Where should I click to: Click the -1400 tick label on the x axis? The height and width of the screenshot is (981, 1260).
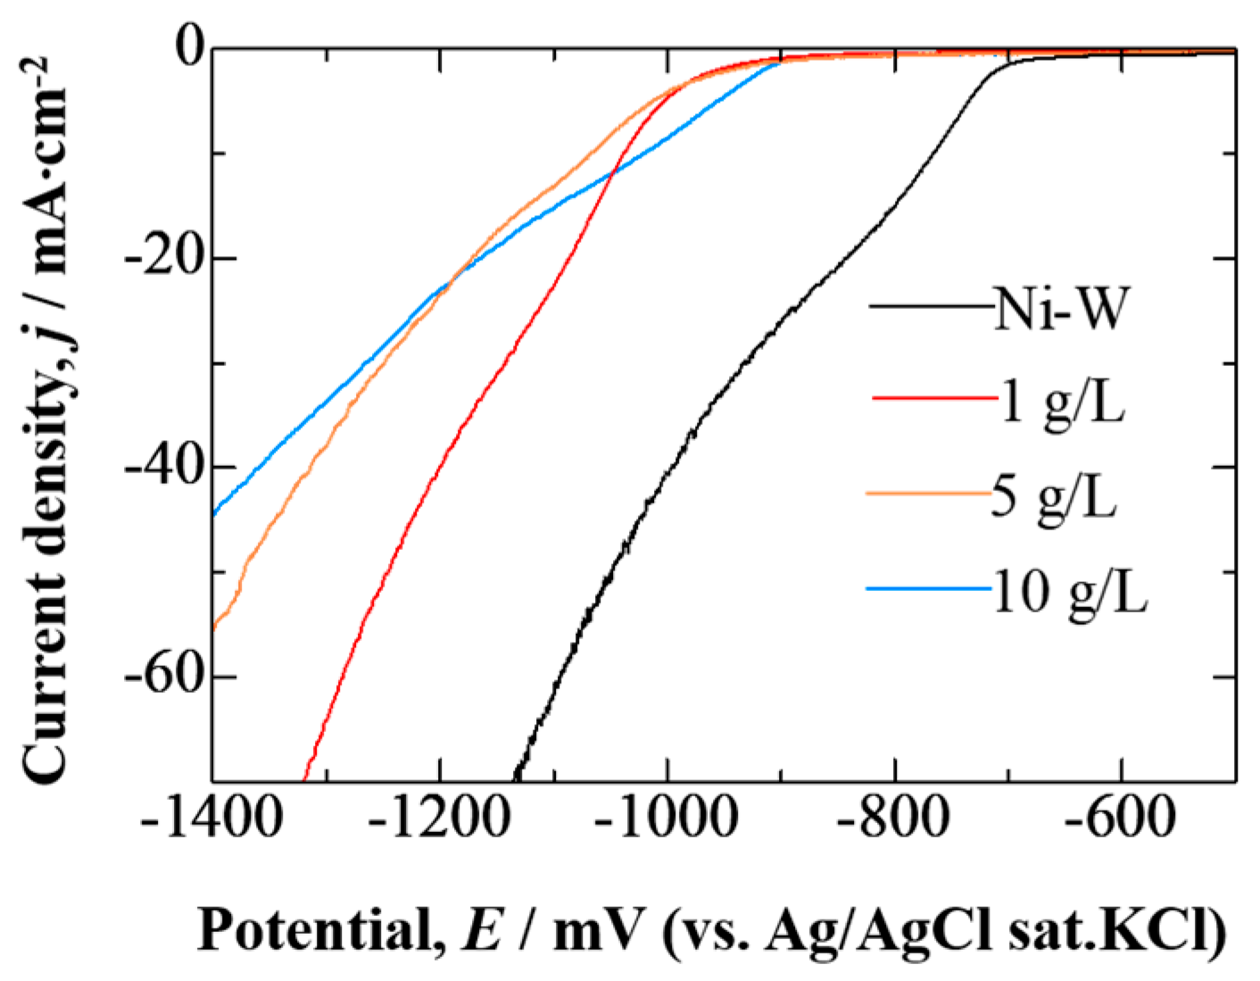tap(211, 818)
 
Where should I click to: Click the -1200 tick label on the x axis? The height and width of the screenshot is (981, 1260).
tap(439, 818)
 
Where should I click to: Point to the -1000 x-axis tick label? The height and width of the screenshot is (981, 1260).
tap(667, 818)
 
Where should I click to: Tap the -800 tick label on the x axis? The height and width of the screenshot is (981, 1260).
tap(894, 818)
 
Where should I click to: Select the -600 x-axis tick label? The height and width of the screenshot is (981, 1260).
tap(1122, 818)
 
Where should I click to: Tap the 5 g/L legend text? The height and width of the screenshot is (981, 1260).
tap(1054, 497)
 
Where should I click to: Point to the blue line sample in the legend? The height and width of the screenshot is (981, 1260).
tap(928, 589)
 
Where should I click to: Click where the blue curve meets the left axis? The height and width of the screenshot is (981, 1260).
tap(215, 514)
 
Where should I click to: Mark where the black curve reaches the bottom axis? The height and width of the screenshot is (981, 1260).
tap(515, 779)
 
